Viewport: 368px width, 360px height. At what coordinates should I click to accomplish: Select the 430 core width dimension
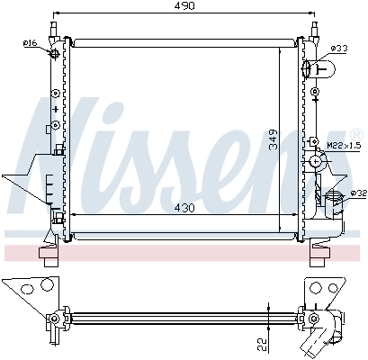184,208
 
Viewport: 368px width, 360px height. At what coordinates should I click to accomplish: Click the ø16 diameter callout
30,43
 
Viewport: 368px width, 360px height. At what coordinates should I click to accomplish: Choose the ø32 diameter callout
357,192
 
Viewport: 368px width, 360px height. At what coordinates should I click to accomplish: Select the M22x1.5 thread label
343,145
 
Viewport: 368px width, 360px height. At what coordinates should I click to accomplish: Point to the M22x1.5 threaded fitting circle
316,161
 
